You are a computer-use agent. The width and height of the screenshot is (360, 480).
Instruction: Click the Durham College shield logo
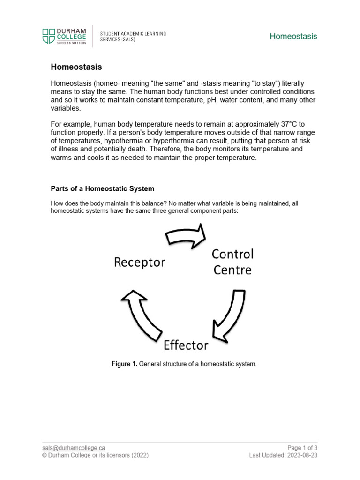pos(48,36)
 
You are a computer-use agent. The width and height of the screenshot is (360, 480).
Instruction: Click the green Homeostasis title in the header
pos(293,37)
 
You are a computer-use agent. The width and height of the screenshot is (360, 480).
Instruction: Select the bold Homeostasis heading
pos(76,67)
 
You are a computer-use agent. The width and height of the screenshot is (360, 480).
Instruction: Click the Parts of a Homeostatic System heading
pos(102,188)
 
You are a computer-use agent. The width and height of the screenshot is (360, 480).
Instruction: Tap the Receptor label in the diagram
pos(140,262)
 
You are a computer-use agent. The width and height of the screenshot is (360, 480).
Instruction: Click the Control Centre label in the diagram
pos(232,262)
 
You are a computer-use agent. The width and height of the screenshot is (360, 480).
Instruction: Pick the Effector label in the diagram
pos(186,345)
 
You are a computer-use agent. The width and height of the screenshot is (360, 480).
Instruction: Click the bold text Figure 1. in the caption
pos(124,364)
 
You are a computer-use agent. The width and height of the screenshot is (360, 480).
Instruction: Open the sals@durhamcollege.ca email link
pos(74,448)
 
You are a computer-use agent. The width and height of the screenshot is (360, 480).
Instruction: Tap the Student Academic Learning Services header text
pos(133,37)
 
